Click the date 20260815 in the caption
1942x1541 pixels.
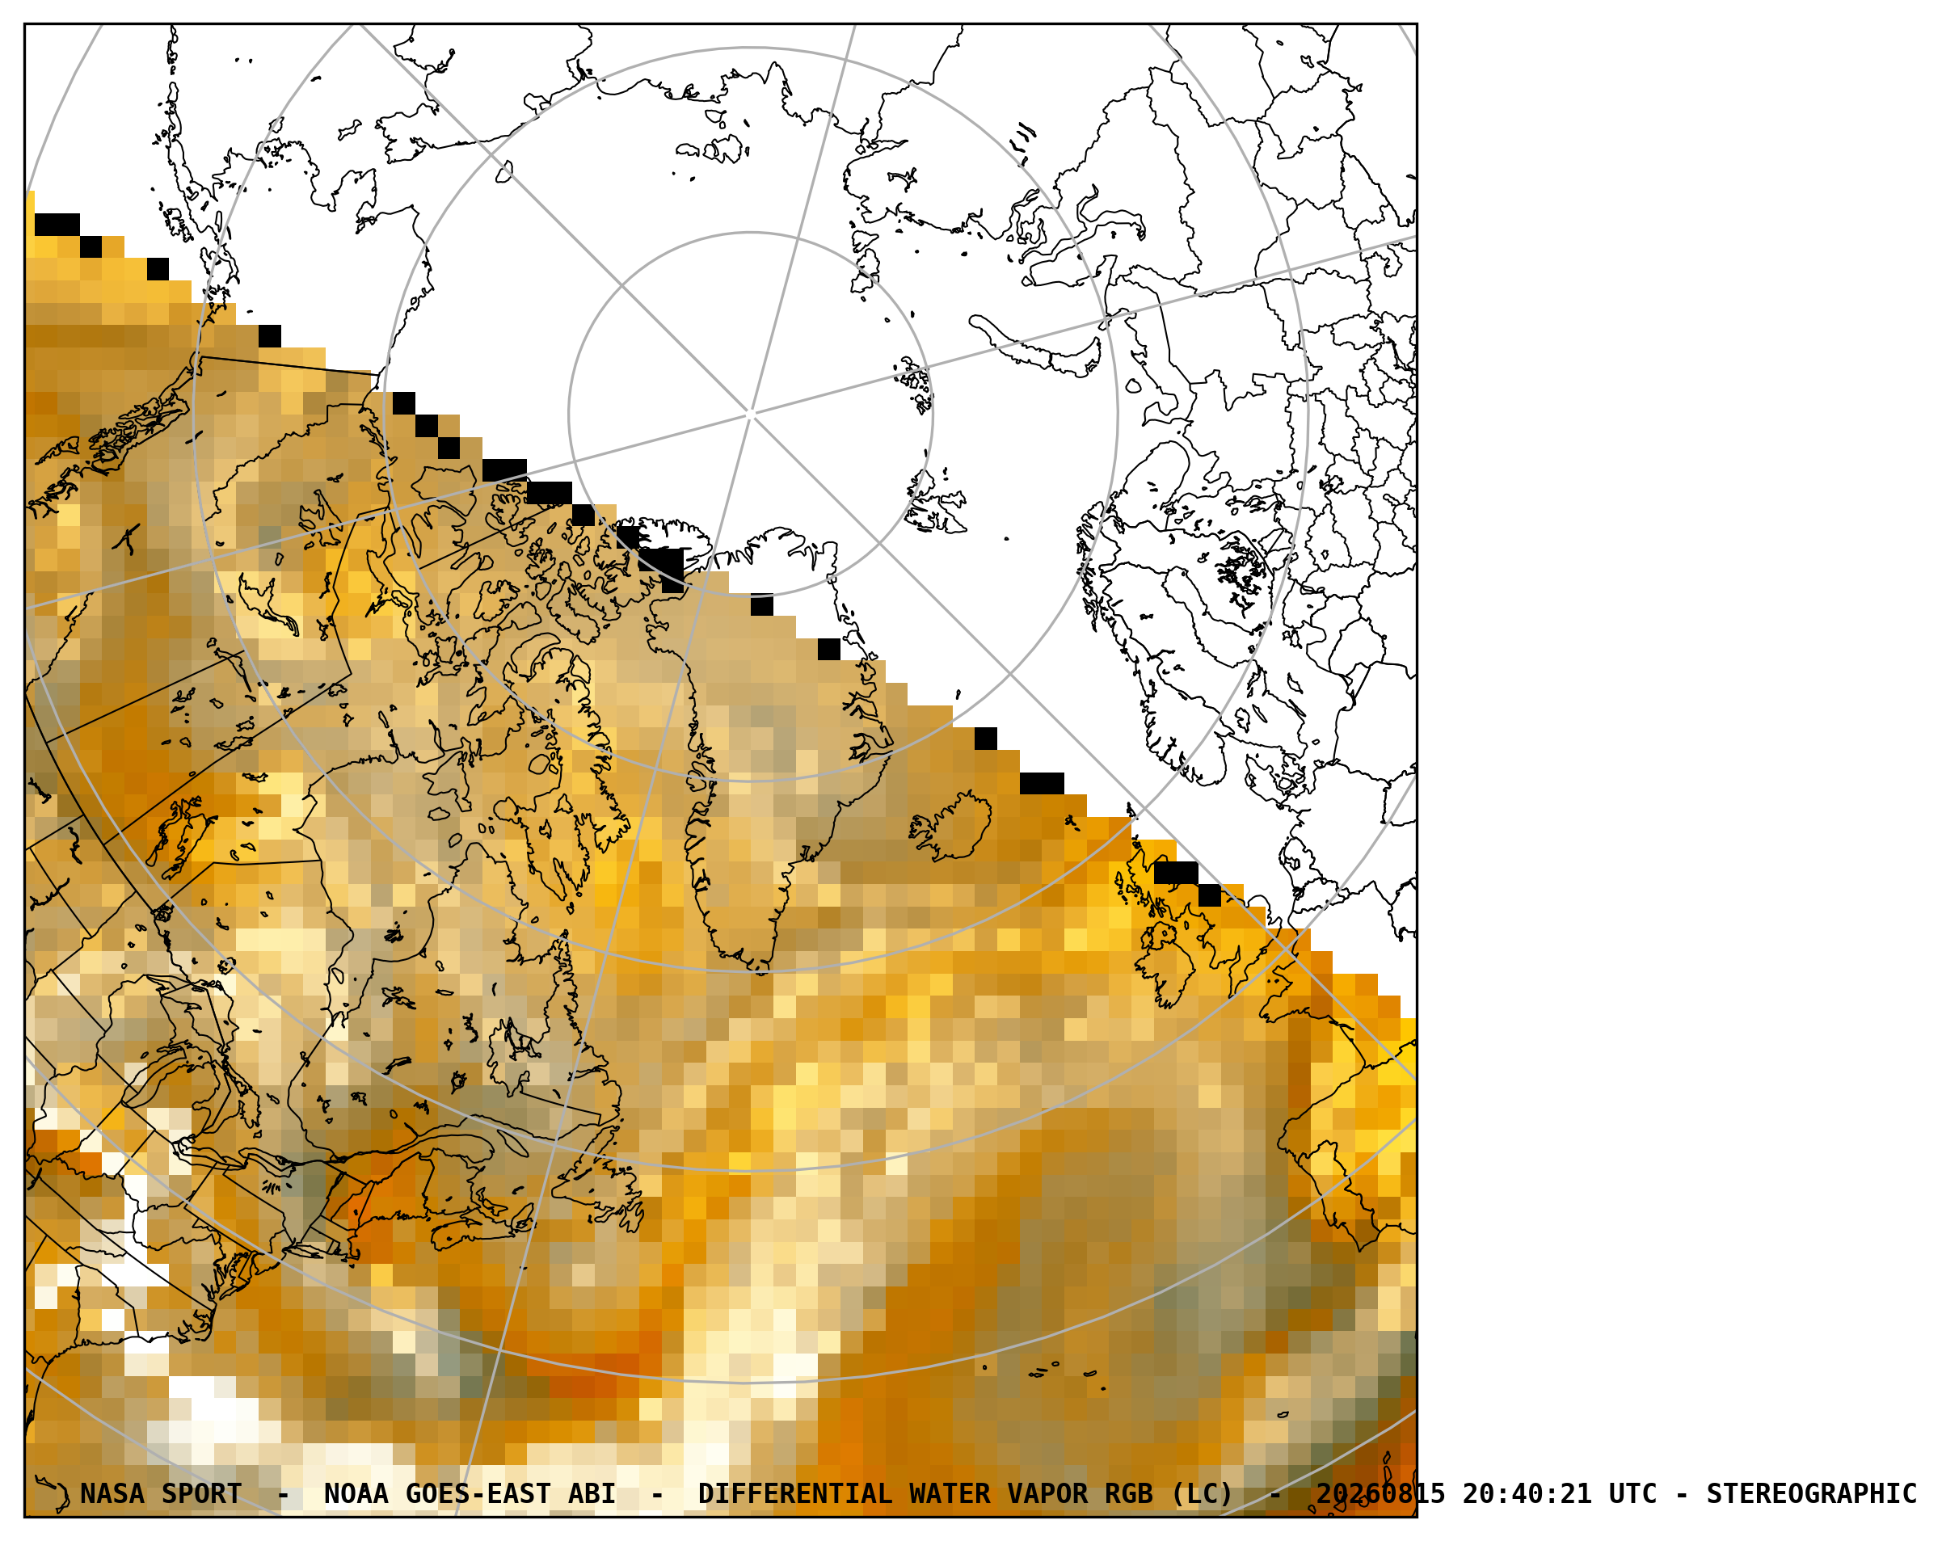point(1381,1493)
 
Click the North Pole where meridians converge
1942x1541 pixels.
point(752,415)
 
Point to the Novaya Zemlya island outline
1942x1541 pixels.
point(1036,346)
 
